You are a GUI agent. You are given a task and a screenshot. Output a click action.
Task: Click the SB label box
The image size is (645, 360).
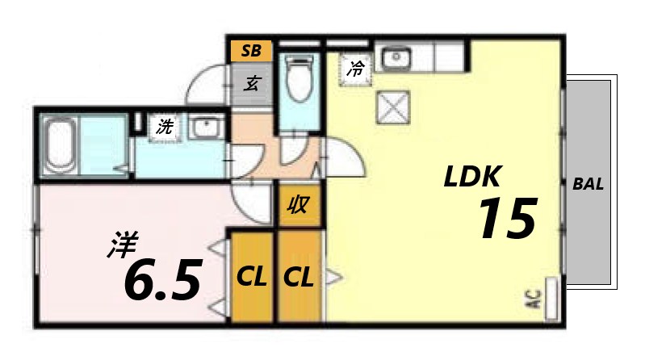coord(251,51)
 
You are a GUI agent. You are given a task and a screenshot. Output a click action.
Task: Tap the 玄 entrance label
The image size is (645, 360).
coord(252,83)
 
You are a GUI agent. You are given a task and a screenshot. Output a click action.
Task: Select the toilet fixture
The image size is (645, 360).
coord(299,81)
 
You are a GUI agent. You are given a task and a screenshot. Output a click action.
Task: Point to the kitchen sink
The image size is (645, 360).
coord(396,58)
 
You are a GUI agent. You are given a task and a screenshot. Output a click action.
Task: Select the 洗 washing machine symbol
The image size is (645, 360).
coord(165,126)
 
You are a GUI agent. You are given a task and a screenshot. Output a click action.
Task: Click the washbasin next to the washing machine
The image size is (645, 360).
coord(206,127)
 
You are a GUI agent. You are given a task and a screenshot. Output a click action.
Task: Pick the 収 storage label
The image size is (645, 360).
coord(299,206)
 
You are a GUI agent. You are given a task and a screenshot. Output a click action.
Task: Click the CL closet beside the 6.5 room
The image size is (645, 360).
coord(252,278)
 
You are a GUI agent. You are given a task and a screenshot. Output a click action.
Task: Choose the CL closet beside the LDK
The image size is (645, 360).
coord(299,278)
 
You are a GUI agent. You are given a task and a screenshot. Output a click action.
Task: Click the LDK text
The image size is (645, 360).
coord(474,176)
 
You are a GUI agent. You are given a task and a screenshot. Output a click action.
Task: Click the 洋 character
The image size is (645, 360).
coord(123,245)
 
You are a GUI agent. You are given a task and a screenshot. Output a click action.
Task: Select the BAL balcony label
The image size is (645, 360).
coord(588,183)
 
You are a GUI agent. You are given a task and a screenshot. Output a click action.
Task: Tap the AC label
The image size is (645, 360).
coord(533,300)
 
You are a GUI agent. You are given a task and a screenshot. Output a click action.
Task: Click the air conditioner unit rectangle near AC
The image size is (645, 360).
coord(552,296)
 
